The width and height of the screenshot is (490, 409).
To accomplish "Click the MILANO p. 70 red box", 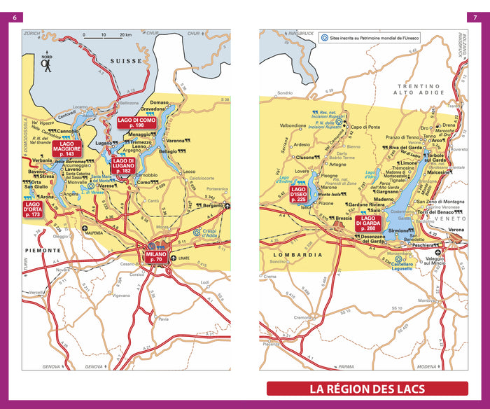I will click(157, 256).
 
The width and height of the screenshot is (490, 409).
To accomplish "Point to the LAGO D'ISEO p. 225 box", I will click(298, 194).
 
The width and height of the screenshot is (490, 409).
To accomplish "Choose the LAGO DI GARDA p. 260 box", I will click(368, 223).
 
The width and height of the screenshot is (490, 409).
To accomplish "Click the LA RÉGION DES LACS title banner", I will click(367, 389).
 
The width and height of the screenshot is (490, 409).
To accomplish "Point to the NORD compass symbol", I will click(47, 63).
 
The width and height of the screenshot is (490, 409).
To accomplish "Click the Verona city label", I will click(456, 230).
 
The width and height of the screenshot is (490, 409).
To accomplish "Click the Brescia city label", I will click(343, 218).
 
